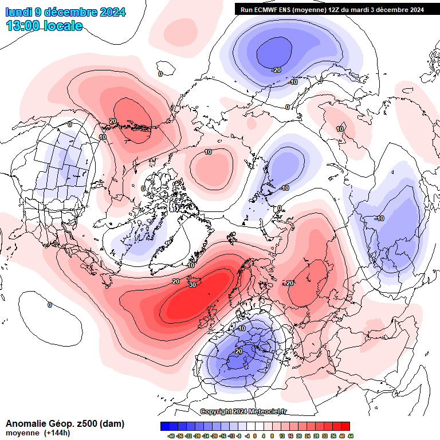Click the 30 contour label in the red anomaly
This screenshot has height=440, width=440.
192,285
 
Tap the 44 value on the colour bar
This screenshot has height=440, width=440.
349,435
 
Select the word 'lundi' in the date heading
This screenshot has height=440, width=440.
18,12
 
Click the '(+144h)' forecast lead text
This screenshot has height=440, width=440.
56,433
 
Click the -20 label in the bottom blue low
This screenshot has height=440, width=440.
238,351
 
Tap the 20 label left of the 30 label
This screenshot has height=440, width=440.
176,281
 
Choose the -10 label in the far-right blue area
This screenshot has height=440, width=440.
379,218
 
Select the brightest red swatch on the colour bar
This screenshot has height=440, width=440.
345,426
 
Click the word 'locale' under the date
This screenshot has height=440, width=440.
64,26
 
